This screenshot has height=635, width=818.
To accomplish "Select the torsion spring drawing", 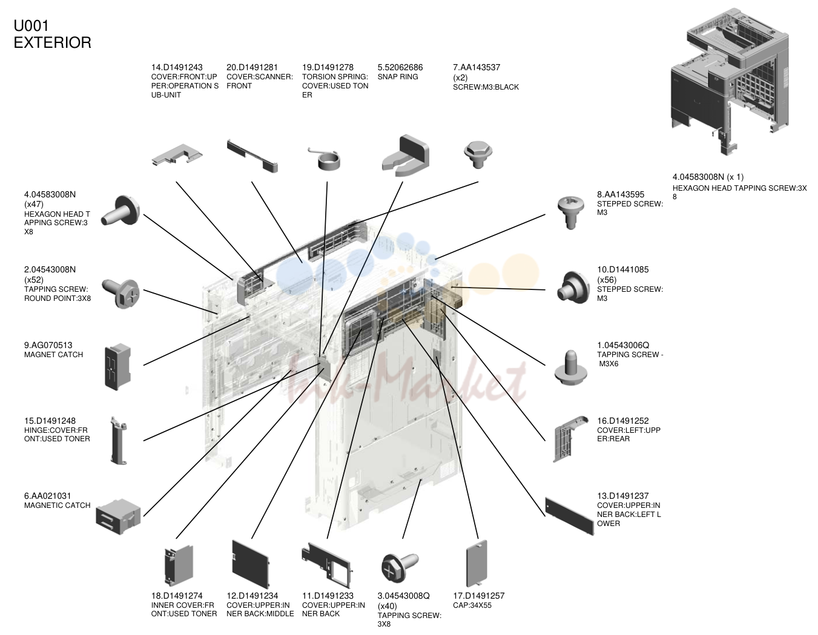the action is click(326, 159).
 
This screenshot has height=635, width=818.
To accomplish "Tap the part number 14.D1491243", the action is click(177, 67).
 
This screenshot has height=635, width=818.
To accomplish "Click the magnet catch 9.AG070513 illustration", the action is click(118, 366).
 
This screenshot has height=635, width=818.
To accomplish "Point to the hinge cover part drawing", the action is click(119, 441).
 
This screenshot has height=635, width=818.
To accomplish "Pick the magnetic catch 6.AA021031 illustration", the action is click(118, 516).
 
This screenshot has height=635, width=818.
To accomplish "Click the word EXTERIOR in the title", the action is click(52, 42).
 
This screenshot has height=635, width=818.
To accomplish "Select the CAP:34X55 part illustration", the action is click(477, 563).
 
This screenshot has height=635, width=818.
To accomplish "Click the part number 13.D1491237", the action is click(623, 496).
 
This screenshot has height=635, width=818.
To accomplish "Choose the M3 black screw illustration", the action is click(478, 154).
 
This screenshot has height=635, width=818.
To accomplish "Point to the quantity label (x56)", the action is click(607, 280).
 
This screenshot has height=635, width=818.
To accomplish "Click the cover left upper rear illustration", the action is click(570, 439).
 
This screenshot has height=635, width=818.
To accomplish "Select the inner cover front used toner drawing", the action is click(179, 565).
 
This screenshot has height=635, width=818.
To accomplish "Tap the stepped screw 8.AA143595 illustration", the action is click(571, 212).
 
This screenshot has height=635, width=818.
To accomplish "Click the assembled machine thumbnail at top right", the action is click(730, 81).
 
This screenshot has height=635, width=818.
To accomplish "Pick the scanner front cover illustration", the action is click(252, 156).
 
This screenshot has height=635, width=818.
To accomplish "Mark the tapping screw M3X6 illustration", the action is click(570, 367).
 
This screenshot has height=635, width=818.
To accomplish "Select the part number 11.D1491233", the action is click(328, 596).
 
